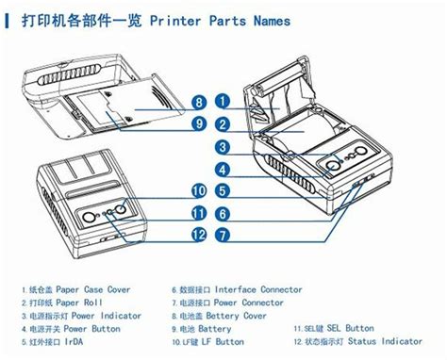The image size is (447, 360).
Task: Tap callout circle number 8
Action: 199,101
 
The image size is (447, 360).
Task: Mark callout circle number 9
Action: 199,123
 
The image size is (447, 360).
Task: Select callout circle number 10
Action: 199,191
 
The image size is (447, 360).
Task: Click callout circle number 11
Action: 199,213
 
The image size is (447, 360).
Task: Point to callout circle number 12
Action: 199,234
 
